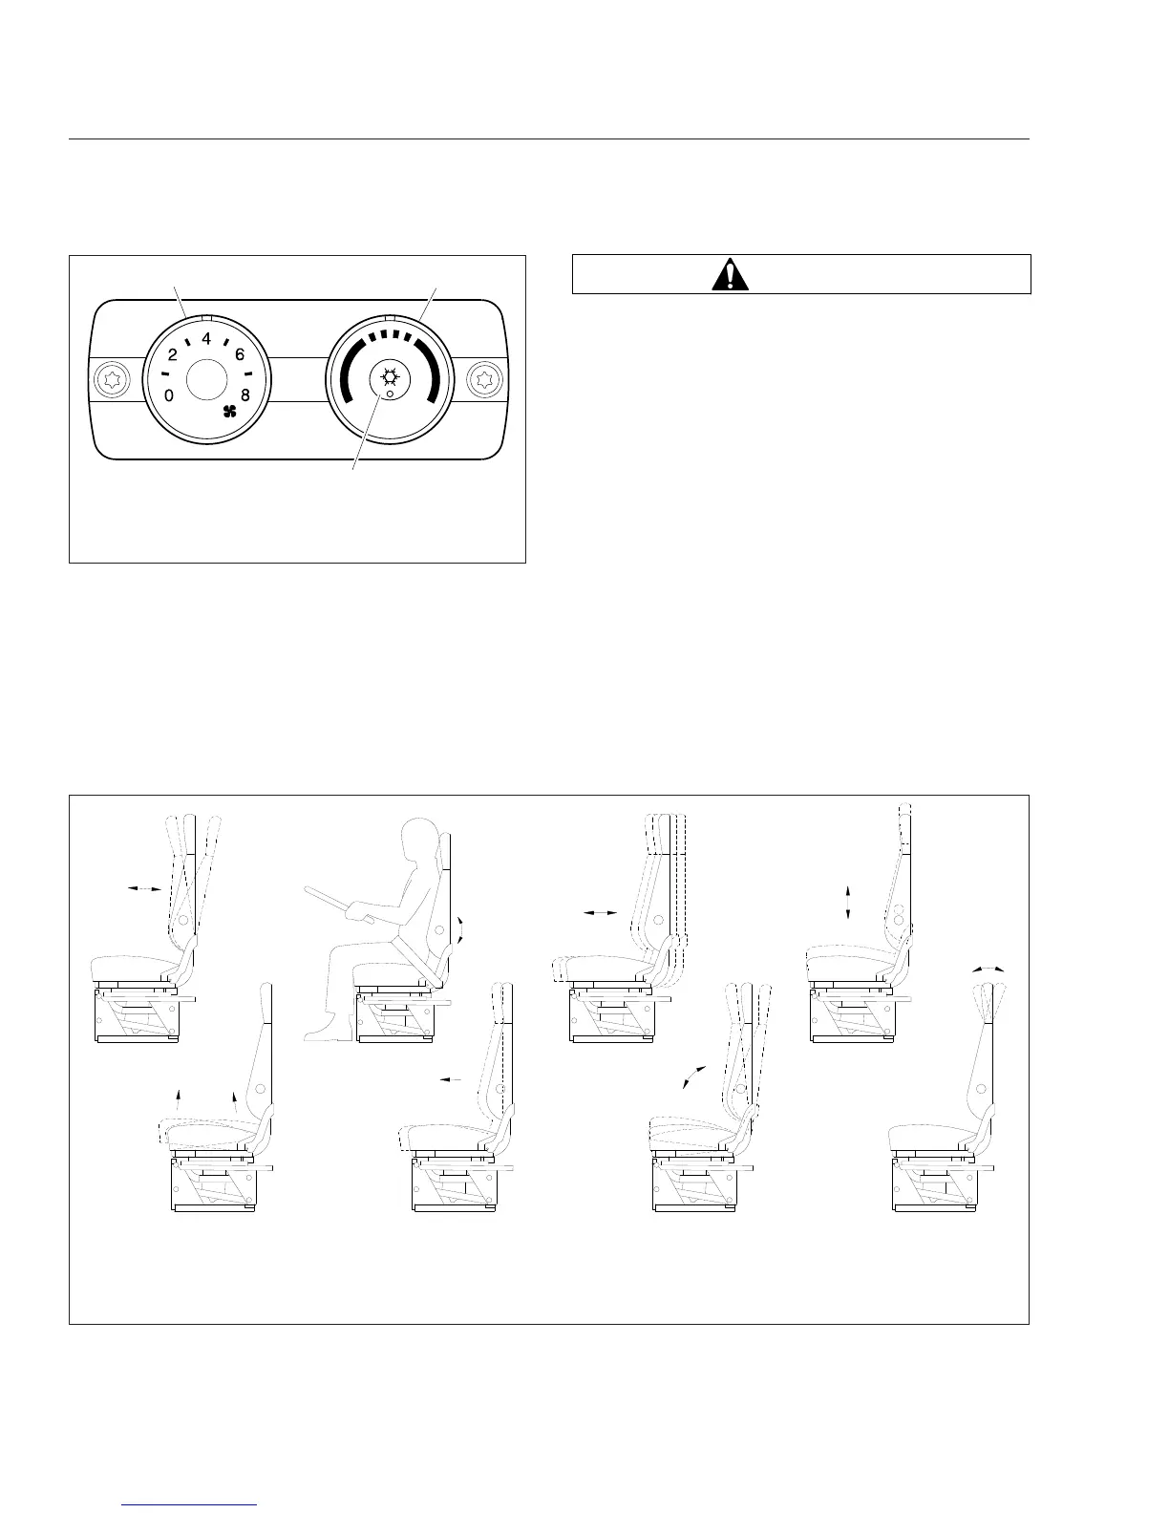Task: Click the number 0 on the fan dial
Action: [168, 396]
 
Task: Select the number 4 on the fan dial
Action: [206, 338]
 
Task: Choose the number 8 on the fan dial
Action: [244, 395]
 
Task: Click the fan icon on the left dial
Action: [229, 413]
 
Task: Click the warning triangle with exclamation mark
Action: [731, 275]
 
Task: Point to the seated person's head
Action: [421, 839]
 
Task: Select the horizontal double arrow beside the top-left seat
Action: [145, 889]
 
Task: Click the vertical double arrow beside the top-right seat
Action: [848, 903]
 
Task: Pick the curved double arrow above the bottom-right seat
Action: [988, 969]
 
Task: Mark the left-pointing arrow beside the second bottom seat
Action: [450, 1079]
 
